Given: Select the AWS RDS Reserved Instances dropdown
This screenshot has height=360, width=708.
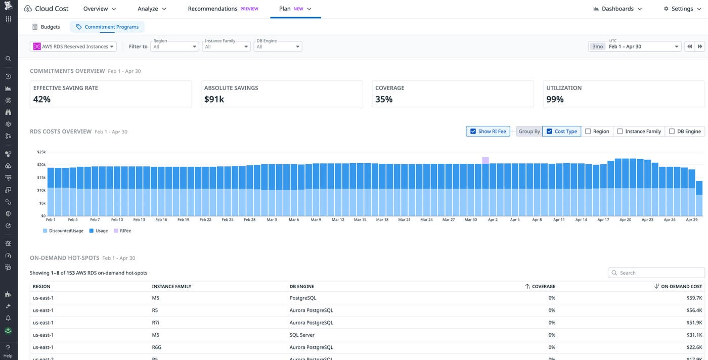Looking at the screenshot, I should tap(74, 47).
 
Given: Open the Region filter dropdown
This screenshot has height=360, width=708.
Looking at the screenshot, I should tap(174, 47).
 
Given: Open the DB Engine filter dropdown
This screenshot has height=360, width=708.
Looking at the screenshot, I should tap(278, 47).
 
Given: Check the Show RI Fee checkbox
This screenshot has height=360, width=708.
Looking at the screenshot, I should tap(473, 131).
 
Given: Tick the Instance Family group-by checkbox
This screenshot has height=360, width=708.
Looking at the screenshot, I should tap(620, 131).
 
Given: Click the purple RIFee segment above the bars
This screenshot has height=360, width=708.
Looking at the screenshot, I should tap(485, 160).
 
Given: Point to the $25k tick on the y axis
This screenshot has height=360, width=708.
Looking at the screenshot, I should tap(41, 152).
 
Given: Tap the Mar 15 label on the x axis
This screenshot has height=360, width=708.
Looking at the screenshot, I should tap(360, 220).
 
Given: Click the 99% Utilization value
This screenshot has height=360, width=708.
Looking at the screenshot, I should tap(555, 100).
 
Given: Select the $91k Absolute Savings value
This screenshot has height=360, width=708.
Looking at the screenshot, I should tap(214, 100).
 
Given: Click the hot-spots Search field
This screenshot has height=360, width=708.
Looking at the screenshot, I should tap(656, 273).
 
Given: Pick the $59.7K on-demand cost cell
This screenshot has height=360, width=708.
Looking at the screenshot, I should tap(693, 298).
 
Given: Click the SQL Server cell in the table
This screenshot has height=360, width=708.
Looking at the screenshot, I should tap(302, 335).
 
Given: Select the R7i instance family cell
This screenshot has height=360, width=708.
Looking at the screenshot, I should tap(156, 323).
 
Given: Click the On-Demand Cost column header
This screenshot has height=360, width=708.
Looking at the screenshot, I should tap(681, 286).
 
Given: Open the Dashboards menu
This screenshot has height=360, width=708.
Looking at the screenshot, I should tap(617, 9).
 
